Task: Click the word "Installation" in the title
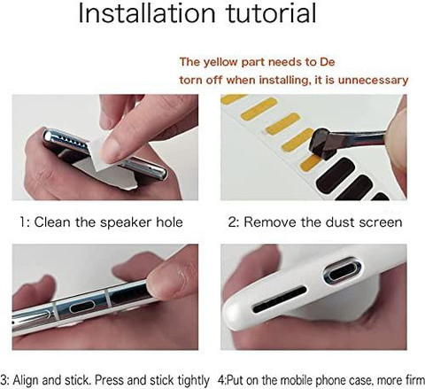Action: pos(147,13)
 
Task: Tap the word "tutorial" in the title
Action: pos(271,13)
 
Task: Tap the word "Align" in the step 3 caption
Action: pos(26,380)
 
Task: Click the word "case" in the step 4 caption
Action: pos(358,380)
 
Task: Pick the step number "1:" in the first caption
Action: pos(25,222)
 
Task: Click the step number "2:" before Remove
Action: pos(234,222)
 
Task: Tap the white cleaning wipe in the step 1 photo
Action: pos(102,156)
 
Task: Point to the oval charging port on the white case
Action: pos(342,272)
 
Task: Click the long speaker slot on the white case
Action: pos(280,300)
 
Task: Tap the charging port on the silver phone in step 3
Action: pos(82,307)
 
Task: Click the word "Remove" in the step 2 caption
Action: pos(270,222)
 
